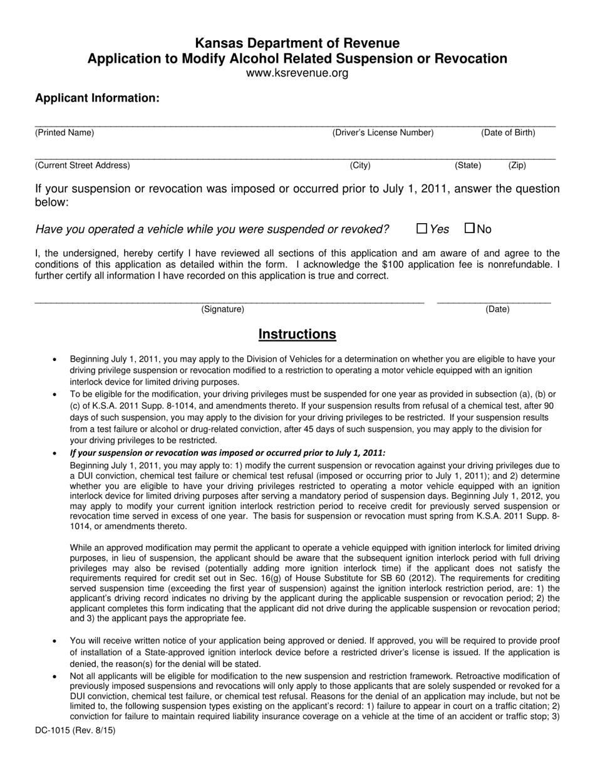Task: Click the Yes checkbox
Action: pyautogui.click(x=422, y=229)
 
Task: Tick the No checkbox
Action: pyautogui.click(x=469, y=229)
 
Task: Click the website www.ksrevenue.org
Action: pyautogui.click(x=297, y=73)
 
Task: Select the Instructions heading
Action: pyautogui.click(x=297, y=334)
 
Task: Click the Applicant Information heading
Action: pyautogui.click(x=97, y=98)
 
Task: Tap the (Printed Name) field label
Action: pyautogui.click(x=65, y=133)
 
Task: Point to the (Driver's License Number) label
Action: pyautogui.click(x=383, y=133)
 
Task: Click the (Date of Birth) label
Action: pyautogui.click(x=508, y=133)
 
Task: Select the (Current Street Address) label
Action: pyautogui.click(x=83, y=165)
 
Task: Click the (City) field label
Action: pyautogui.click(x=360, y=165)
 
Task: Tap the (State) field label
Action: pyautogui.click(x=468, y=165)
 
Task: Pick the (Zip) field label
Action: pyautogui.click(x=517, y=165)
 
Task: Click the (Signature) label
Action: pyautogui.click(x=222, y=309)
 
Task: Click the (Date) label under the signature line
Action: pyautogui.click(x=498, y=309)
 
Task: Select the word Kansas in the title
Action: pyautogui.click(x=219, y=43)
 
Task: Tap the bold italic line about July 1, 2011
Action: pyautogui.click(x=228, y=453)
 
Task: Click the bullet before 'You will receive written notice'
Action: pyautogui.click(x=55, y=641)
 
